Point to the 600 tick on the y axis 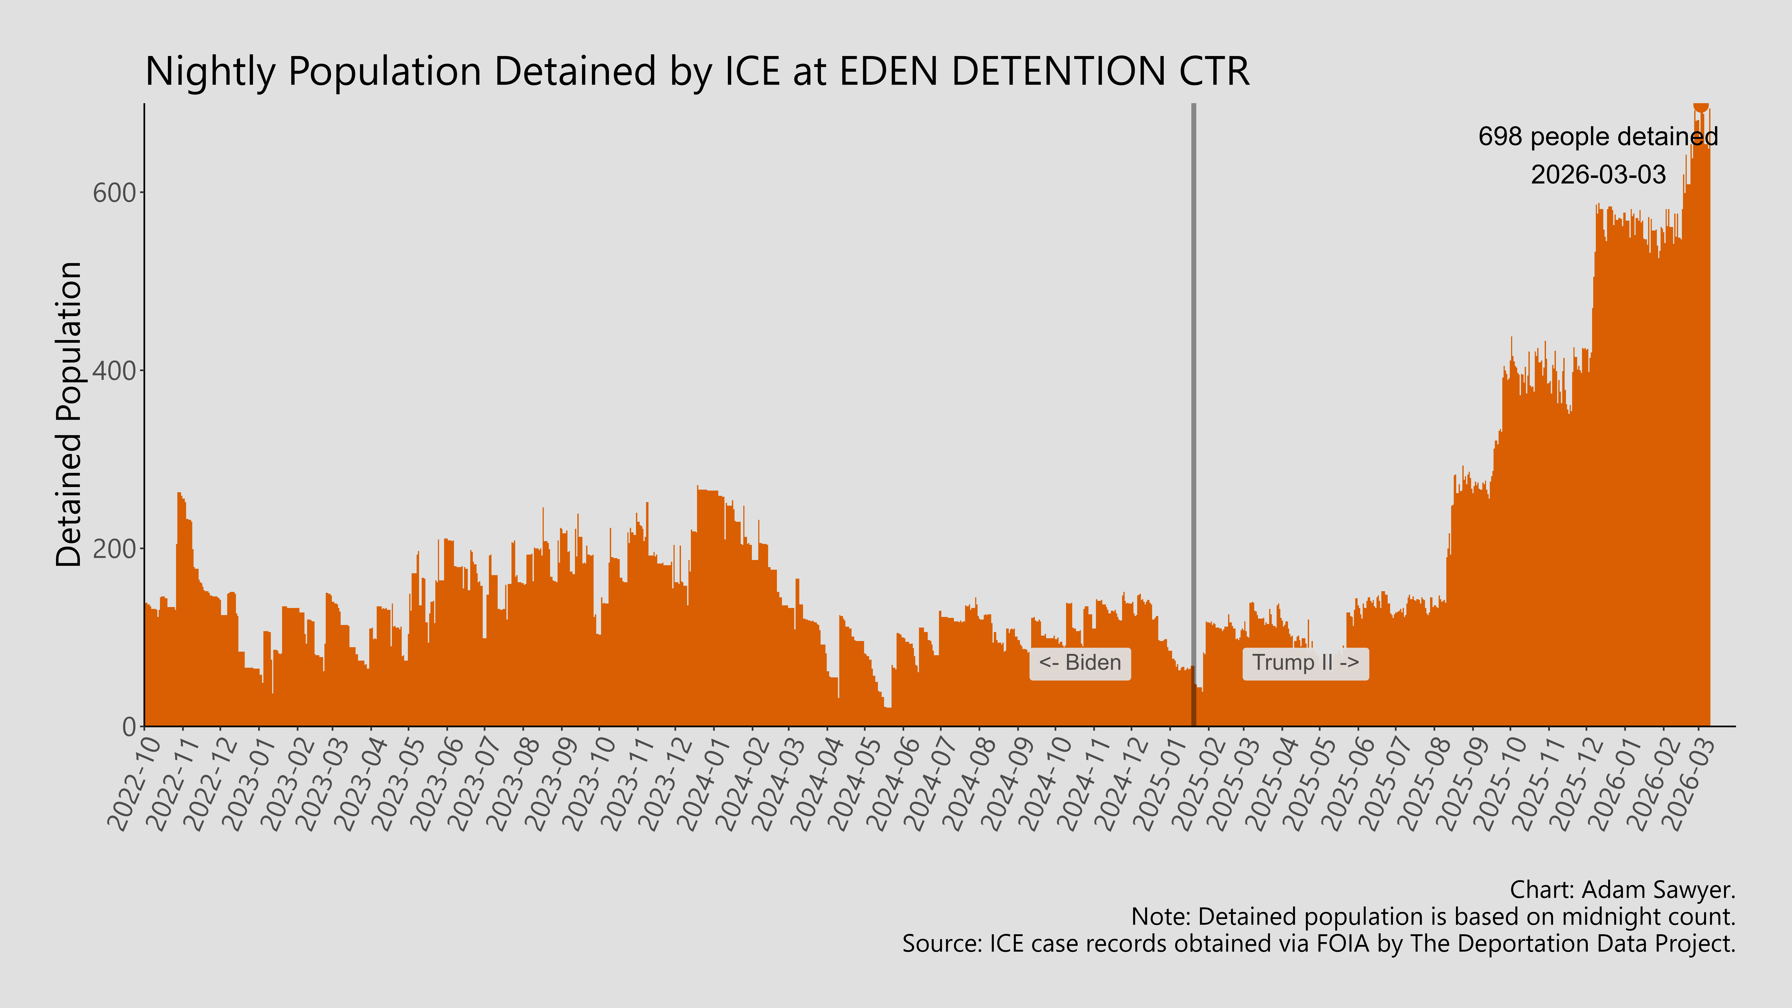tap(114, 193)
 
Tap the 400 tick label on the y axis tap(114, 371)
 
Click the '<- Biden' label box tap(1080, 663)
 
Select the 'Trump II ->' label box tap(1305, 663)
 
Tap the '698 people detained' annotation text tap(1598, 136)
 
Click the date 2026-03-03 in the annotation tap(1598, 174)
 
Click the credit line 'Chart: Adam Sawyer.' tap(1622, 890)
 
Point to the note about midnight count tap(1433, 917)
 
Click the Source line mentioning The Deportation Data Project tap(1318, 944)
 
